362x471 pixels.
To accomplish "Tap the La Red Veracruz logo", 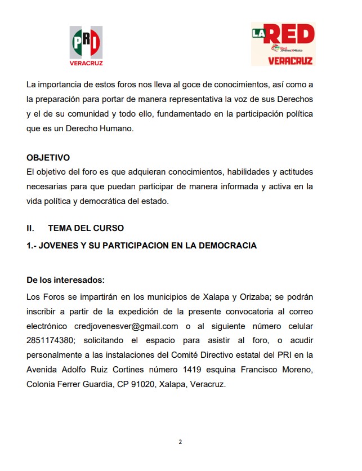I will pyautogui.click(x=283, y=44).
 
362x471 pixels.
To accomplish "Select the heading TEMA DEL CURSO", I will pyautogui.click(x=86, y=228).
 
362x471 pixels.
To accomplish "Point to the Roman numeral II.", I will pyautogui.click(x=30, y=228).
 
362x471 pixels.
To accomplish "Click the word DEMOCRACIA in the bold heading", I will pyautogui.click(x=225, y=246).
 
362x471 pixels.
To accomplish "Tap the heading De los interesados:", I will pyautogui.click(x=65, y=280).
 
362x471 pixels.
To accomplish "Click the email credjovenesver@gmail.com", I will pyautogui.click(x=126, y=326).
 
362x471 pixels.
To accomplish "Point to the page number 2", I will pyautogui.click(x=180, y=442).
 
